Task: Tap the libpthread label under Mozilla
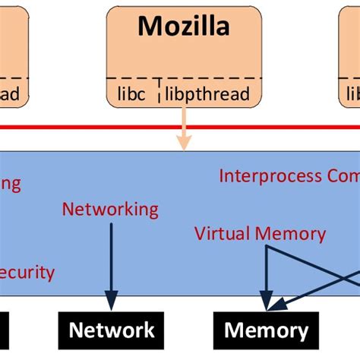[206, 94]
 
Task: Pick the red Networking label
[110, 209]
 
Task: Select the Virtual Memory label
[260, 233]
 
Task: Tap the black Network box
[112, 330]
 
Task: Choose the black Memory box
[266, 330]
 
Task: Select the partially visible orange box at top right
[350, 53]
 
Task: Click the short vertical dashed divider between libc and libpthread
[159, 89]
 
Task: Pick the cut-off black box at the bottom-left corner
[4, 330]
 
